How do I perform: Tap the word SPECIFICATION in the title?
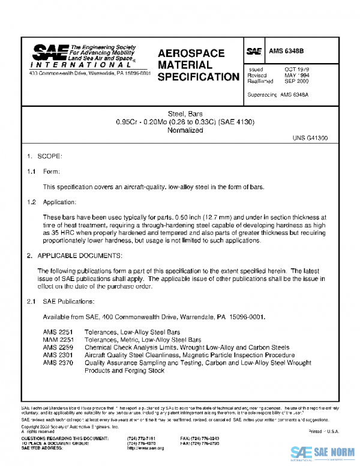pyautogui.click(x=197, y=77)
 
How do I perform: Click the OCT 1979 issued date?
pyautogui.click(x=296, y=70)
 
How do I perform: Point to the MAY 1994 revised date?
pyautogui.click(x=296, y=76)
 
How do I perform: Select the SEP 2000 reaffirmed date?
pyautogui.click(x=296, y=81)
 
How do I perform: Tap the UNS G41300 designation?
pyautogui.click(x=310, y=138)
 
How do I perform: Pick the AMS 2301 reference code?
pyautogui.click(x=58, y=356)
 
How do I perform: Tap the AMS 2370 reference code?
pyautogui.click(x=58, y=363)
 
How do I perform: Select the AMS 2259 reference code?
pyautogui.click(x=58, y=348)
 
